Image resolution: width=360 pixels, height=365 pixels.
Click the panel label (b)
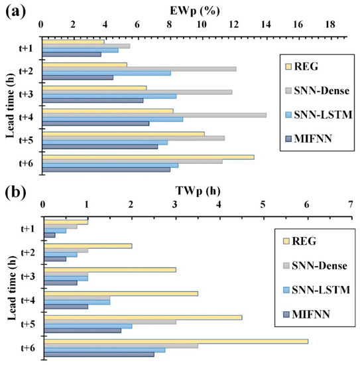click(15, 193)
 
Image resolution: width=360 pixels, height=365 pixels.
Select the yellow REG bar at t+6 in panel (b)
click(175, 341)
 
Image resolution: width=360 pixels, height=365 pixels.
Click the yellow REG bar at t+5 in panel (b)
click(142, 317)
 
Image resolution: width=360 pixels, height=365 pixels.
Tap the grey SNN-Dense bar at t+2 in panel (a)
click(139, 68)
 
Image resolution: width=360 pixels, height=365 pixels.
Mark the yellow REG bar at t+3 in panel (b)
click(109, 269)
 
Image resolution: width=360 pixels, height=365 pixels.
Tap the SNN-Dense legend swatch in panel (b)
click(287, 266)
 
